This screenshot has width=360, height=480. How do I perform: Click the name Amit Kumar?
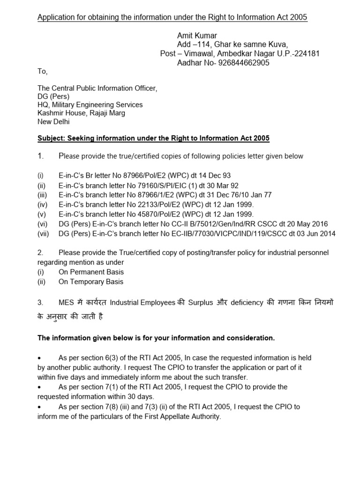click(x=197, y=36)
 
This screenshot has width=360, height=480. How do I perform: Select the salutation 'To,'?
click(x=42, y=72)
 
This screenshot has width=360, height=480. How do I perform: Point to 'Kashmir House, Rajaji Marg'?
click(x=81, y=113)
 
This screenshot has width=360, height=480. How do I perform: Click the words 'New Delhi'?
click(x=53, y=121)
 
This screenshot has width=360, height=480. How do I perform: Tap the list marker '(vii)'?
click(x=44, y=234)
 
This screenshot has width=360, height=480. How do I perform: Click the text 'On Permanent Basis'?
click(x=91, y=272)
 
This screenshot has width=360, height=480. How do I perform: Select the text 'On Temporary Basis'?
click(x=91, y=282)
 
